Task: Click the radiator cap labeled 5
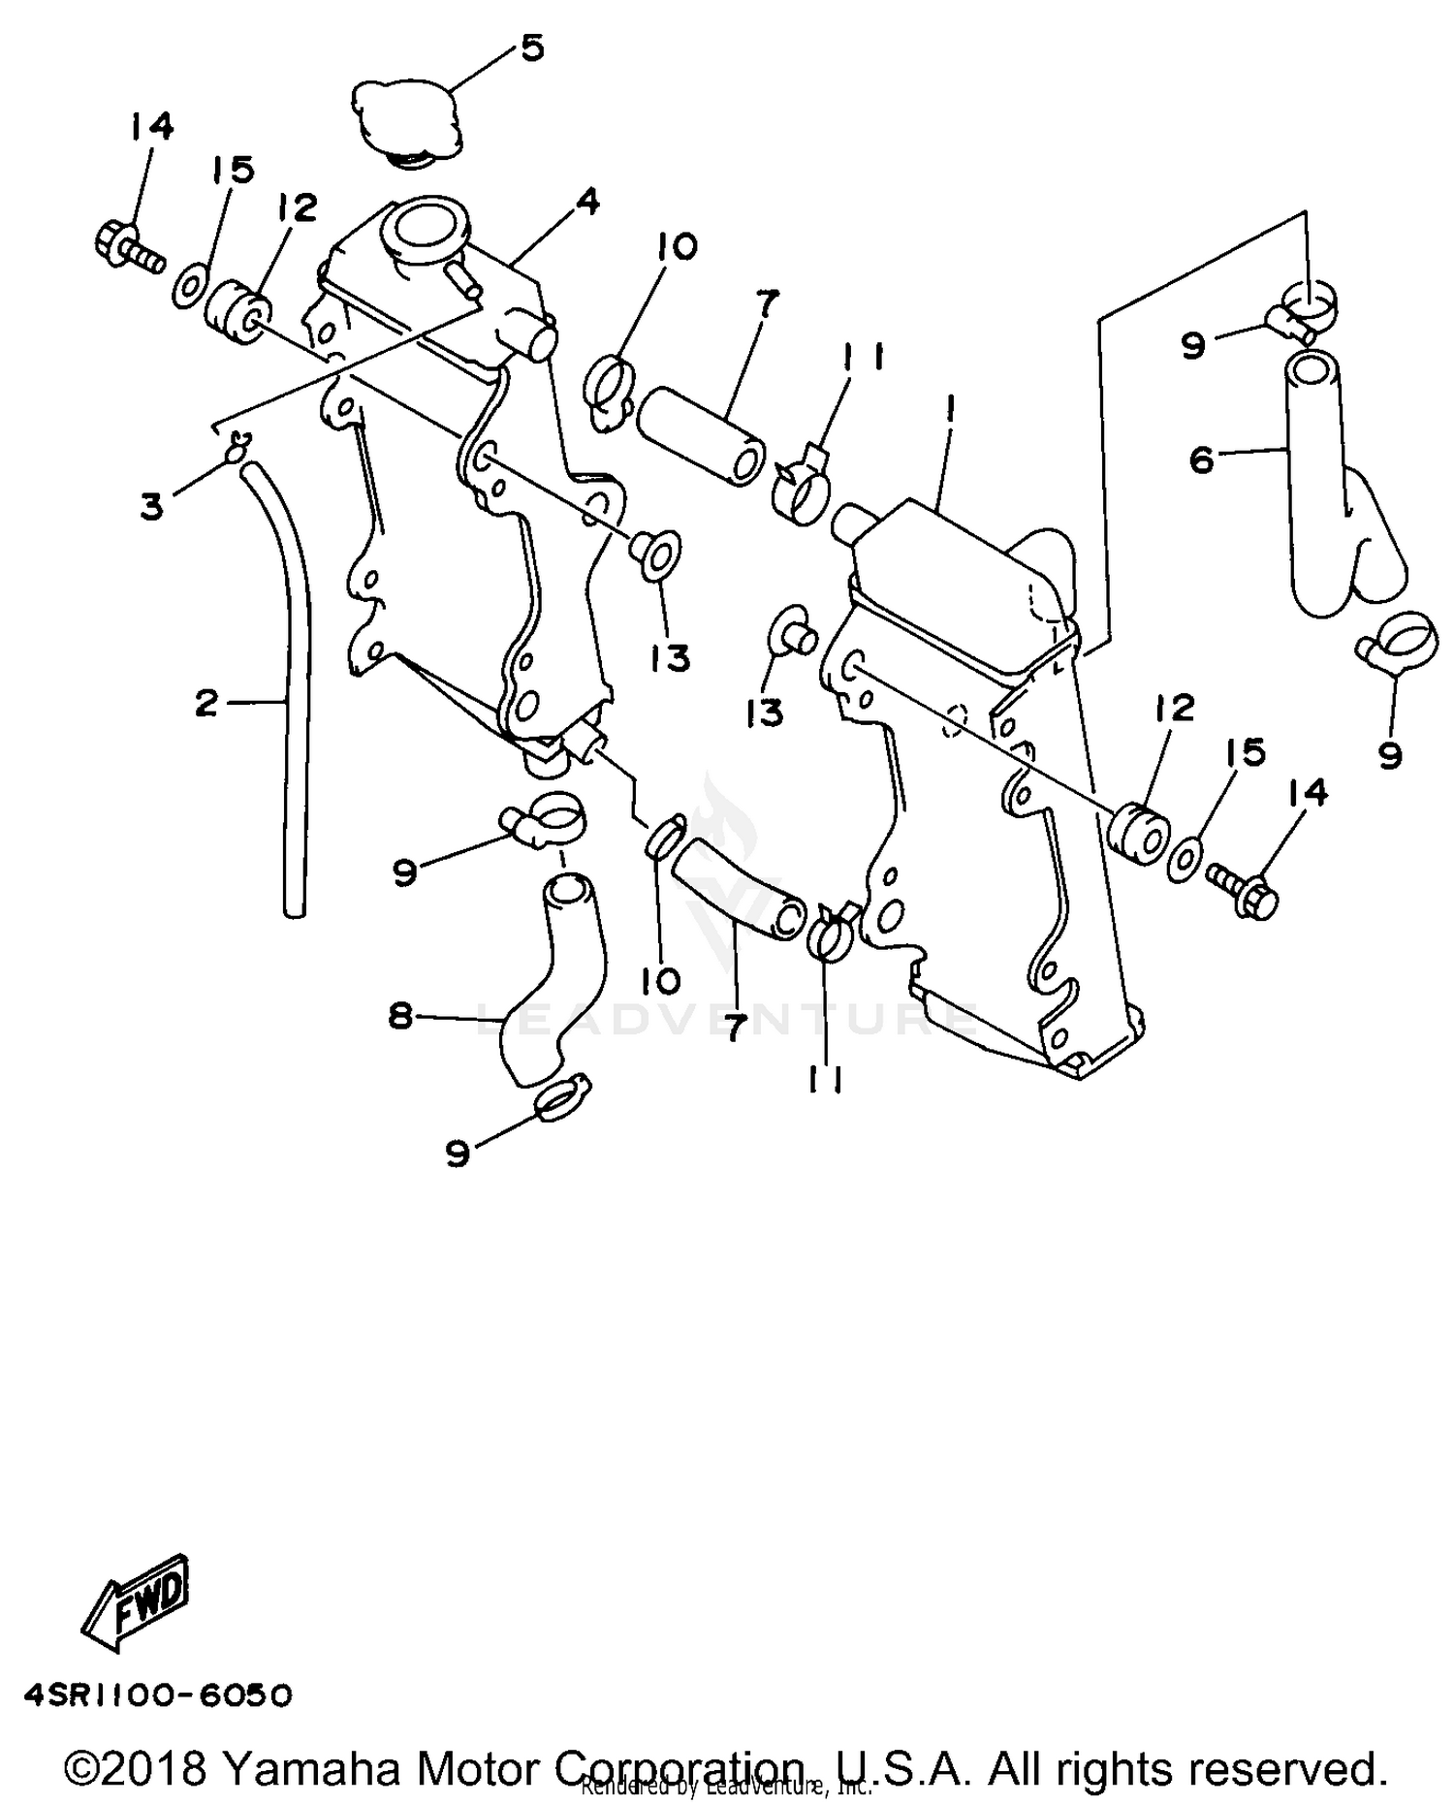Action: [x=405, y=122]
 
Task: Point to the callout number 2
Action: [x=205, y=703]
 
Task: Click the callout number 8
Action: [x=400, y=1016]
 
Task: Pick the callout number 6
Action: [x=1201, y=459]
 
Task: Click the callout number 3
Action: [x=151, y=506]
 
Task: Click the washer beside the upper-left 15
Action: [x=188, y=287]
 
